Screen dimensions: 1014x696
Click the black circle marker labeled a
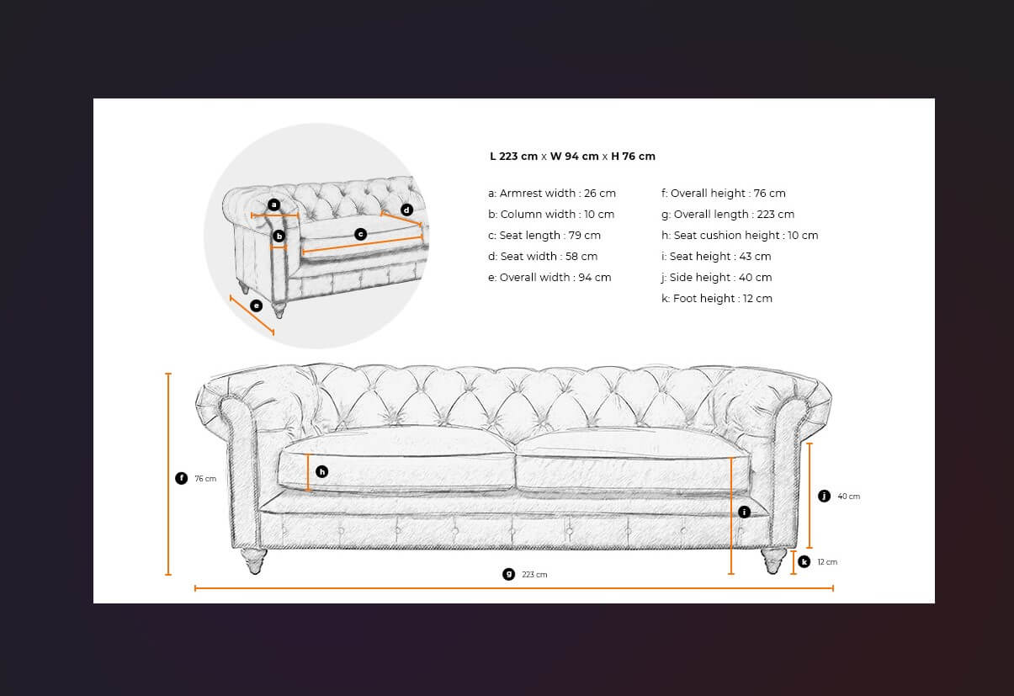(273, 205)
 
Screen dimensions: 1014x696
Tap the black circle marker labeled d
(406, 210)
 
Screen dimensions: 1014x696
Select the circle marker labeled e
(256, 305)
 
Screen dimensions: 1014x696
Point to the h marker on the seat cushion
(321, 472)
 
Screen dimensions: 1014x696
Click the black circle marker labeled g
(509, 574)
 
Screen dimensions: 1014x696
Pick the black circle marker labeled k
(804, 562)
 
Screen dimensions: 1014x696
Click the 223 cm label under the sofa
(534, 575)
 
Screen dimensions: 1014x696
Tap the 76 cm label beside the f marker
(205, 479)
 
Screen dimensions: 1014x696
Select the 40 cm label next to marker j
(849, 497)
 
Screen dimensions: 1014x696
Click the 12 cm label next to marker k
(827, 562)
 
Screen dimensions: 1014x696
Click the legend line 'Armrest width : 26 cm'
(552, 194)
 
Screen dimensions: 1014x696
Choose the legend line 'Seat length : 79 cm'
(544, 236)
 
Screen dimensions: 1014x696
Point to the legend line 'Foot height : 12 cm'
(717, 299)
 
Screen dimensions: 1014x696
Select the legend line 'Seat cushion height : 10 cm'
(740, 236)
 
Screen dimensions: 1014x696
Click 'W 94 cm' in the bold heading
(575, 157)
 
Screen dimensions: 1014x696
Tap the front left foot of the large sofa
(254, 561)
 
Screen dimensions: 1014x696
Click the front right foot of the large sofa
(773, 561)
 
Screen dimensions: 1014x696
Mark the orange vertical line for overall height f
(168, 474)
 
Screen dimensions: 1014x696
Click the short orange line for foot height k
(793, 562)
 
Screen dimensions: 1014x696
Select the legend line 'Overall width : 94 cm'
(549, 278)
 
